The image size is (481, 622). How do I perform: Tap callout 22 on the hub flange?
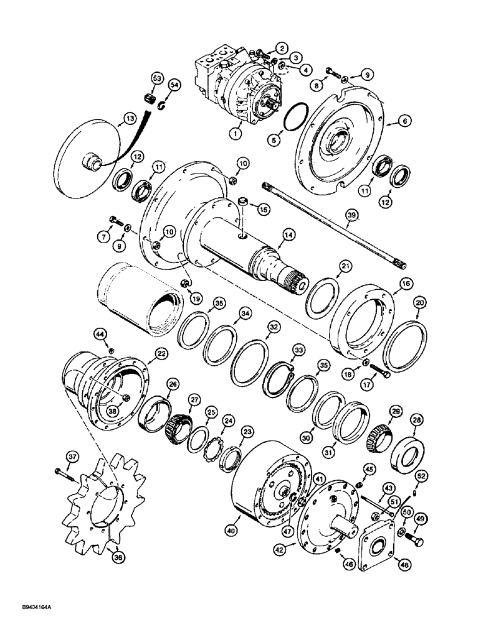(x=161, y=353)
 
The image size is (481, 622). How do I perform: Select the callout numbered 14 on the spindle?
(x=288, y=235)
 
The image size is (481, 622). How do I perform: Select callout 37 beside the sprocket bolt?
(x=74, y=458)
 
